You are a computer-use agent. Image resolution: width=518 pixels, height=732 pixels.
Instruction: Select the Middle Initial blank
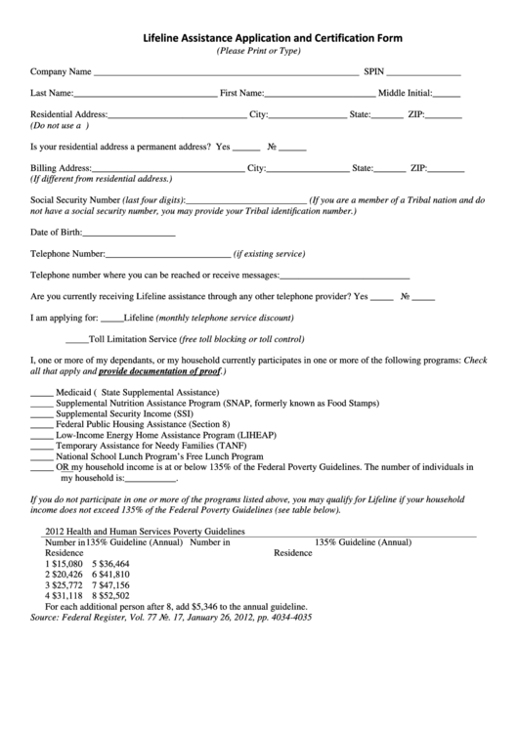tap(447, 96)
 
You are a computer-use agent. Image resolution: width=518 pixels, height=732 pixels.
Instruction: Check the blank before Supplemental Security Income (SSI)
tap(41, 414)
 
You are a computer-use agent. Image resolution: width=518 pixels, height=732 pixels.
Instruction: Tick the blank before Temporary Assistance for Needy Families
tap(41, 446)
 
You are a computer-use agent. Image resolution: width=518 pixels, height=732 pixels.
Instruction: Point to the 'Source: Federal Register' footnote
tap(157, 618)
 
